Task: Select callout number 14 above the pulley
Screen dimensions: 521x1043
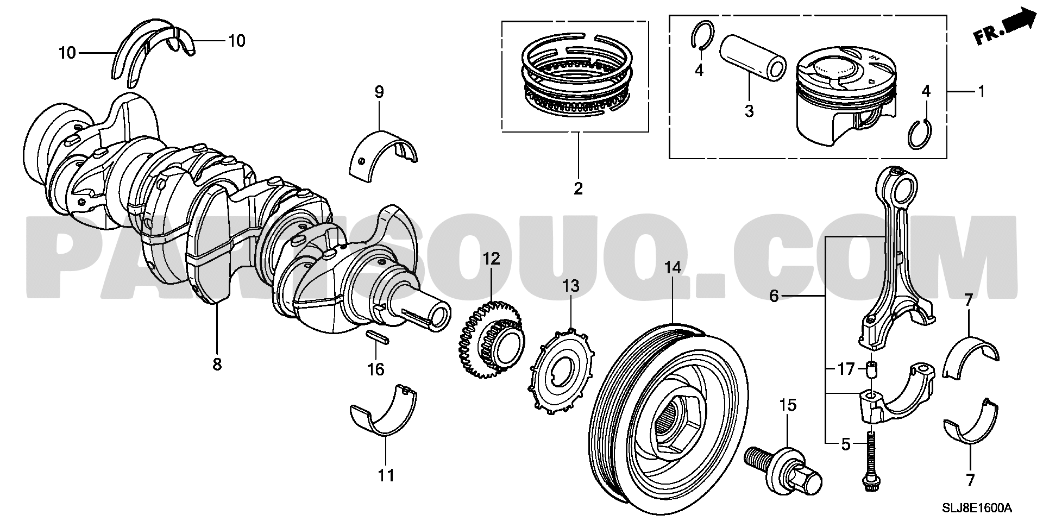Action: tap(672, 268)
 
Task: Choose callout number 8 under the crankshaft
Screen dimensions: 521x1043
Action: tap(217, 364)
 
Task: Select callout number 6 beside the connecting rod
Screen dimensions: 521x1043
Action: tap(774, 297)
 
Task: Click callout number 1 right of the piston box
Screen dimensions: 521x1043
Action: tap(981, 91)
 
